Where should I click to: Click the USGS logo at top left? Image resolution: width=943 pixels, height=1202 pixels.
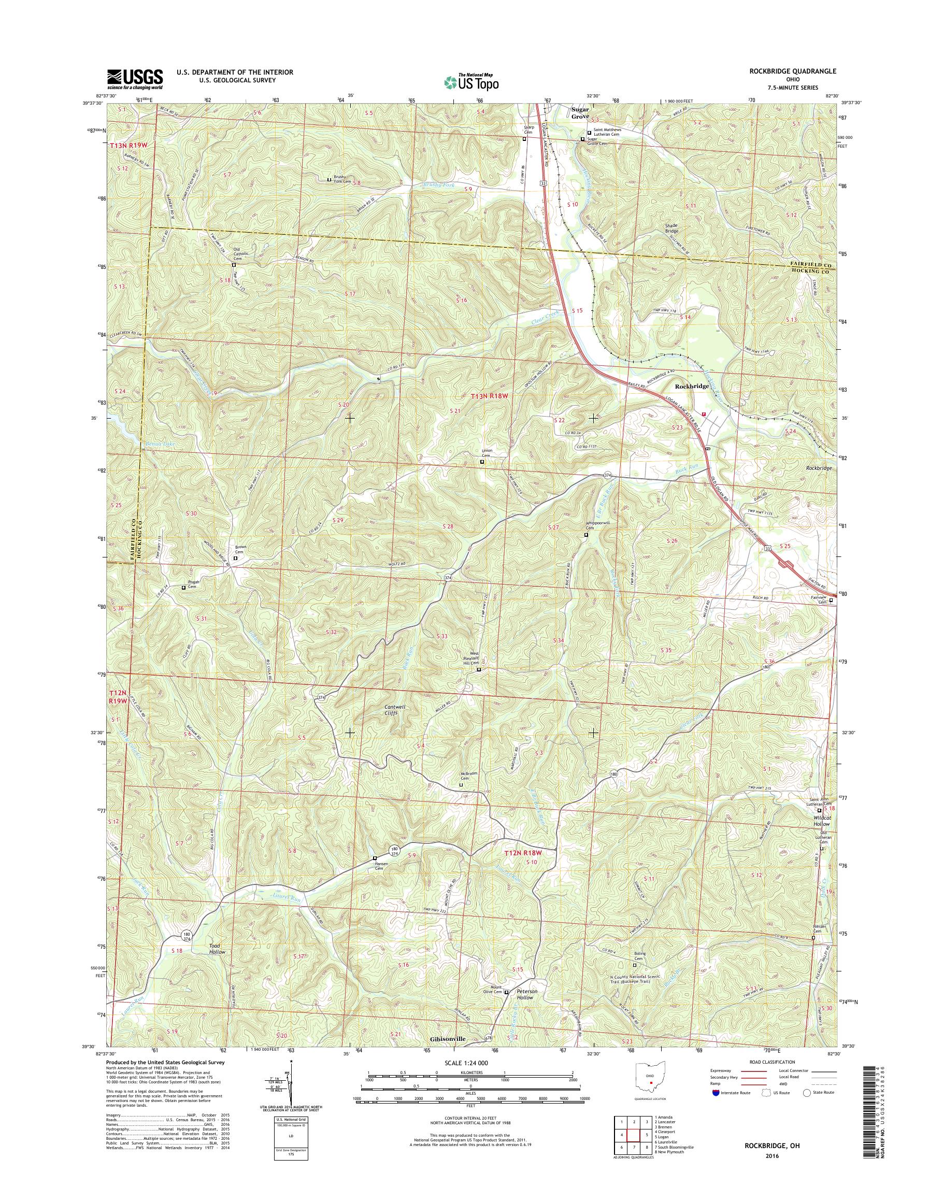(135, 79)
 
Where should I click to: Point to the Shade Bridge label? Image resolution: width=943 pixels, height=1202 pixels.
(671, 228)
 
